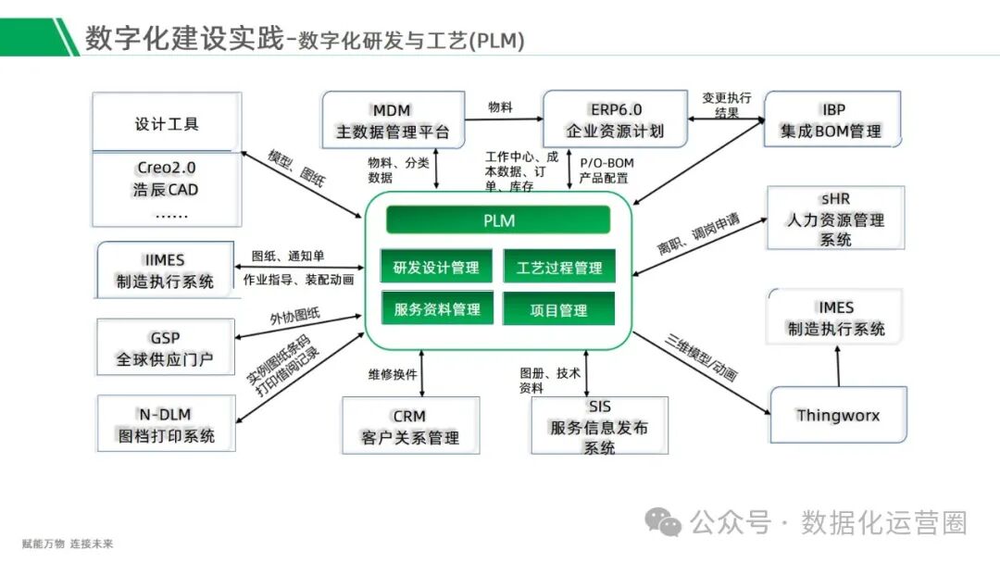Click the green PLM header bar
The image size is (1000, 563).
(498, 220)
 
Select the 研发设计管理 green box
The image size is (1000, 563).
(436, 268)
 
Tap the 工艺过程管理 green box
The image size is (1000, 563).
(558, 268)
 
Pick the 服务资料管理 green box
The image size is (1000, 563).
(436, 309)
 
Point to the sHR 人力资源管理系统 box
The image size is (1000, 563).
(835, 219)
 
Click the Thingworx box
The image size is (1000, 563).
(838, 415)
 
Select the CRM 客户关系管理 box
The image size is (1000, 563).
(410, 427)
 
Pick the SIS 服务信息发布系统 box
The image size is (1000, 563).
(599, 426)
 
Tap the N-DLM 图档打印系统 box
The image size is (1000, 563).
(165, 424)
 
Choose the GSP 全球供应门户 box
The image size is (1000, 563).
(165, 348)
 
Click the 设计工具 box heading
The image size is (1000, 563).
(167, 124)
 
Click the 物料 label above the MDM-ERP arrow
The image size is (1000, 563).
(501, 107)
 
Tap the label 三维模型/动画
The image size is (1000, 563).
(701, 357)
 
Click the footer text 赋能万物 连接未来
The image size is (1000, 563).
(68, 544)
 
